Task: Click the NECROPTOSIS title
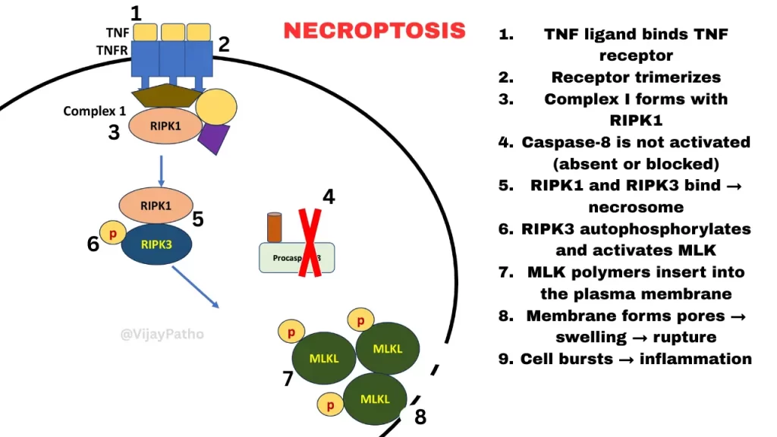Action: (x=374, y=30)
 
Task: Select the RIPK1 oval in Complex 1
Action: (x=165, y=125)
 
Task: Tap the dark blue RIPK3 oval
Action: (x=156, y=244)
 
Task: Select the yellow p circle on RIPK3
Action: (x=112, y=233)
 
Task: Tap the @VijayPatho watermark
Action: (x=162, y=333)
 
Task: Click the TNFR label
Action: (x=112, y=49)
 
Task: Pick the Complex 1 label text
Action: (x=95, y=111)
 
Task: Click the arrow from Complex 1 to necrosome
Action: (x=161, y=171)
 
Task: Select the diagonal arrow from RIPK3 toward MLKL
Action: (x=195, y=287)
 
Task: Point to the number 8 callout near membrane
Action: (x=420, y=417)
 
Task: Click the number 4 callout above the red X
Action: (x=328, y=197)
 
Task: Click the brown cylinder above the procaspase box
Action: (x=274, y=227)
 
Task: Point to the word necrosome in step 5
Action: (x=636, y=206)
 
